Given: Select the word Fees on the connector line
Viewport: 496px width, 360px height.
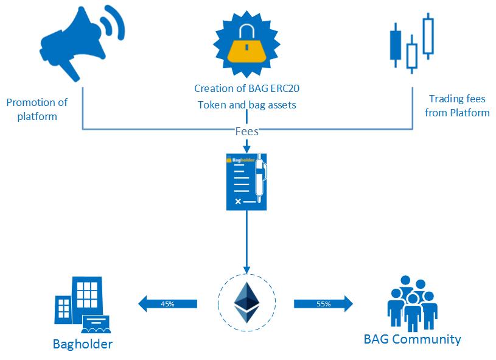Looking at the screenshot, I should pos(246,131).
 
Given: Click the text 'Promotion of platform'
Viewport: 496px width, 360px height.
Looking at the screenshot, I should pos(37,109).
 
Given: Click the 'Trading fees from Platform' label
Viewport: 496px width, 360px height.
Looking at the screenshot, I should pos(457,105).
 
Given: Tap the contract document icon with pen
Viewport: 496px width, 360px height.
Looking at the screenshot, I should pos(246,182).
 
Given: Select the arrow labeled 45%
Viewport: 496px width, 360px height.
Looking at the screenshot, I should pos(167,303).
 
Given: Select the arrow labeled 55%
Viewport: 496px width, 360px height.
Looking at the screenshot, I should pos(323,303).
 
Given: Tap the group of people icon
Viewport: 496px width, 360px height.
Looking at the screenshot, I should pos(411,303).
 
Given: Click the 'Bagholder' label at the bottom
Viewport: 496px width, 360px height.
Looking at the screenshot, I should pos(82,344).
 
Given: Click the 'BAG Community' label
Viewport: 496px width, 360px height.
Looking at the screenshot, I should pos(412,339).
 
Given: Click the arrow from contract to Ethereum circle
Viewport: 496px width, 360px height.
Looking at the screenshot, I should pos(246,244).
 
